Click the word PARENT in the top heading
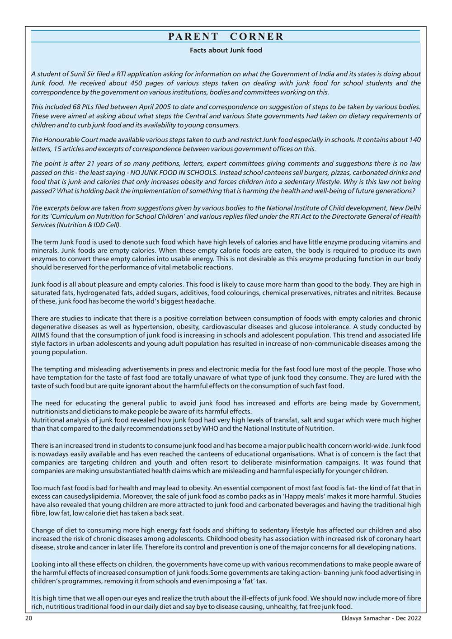tap(193, 37)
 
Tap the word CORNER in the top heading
tap(257, 37)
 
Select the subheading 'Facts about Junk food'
tap(226, 50)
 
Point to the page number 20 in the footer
tap(28, 618)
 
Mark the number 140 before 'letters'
tap(414, 140)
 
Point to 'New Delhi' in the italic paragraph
tap(405, 208)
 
